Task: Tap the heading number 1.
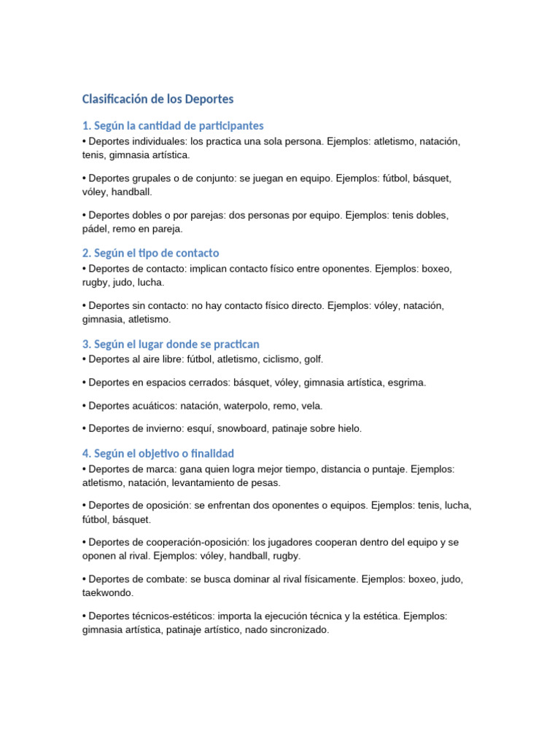pyautogui.click(x=86, y=125)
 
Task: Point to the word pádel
pyautogui.click(x=96, y=229)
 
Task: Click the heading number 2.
pyautogui.click(x=86, y=253)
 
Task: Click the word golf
pyautogui.click(x=313, y=359)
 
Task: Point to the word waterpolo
pyautogui.click(x=243, y=406)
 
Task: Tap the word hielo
pyautogui.click(x=346, y=428)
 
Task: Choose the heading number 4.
pyautogui.click(x=86, y=453)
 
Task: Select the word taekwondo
pyautogui.click(x=108, y=593)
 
